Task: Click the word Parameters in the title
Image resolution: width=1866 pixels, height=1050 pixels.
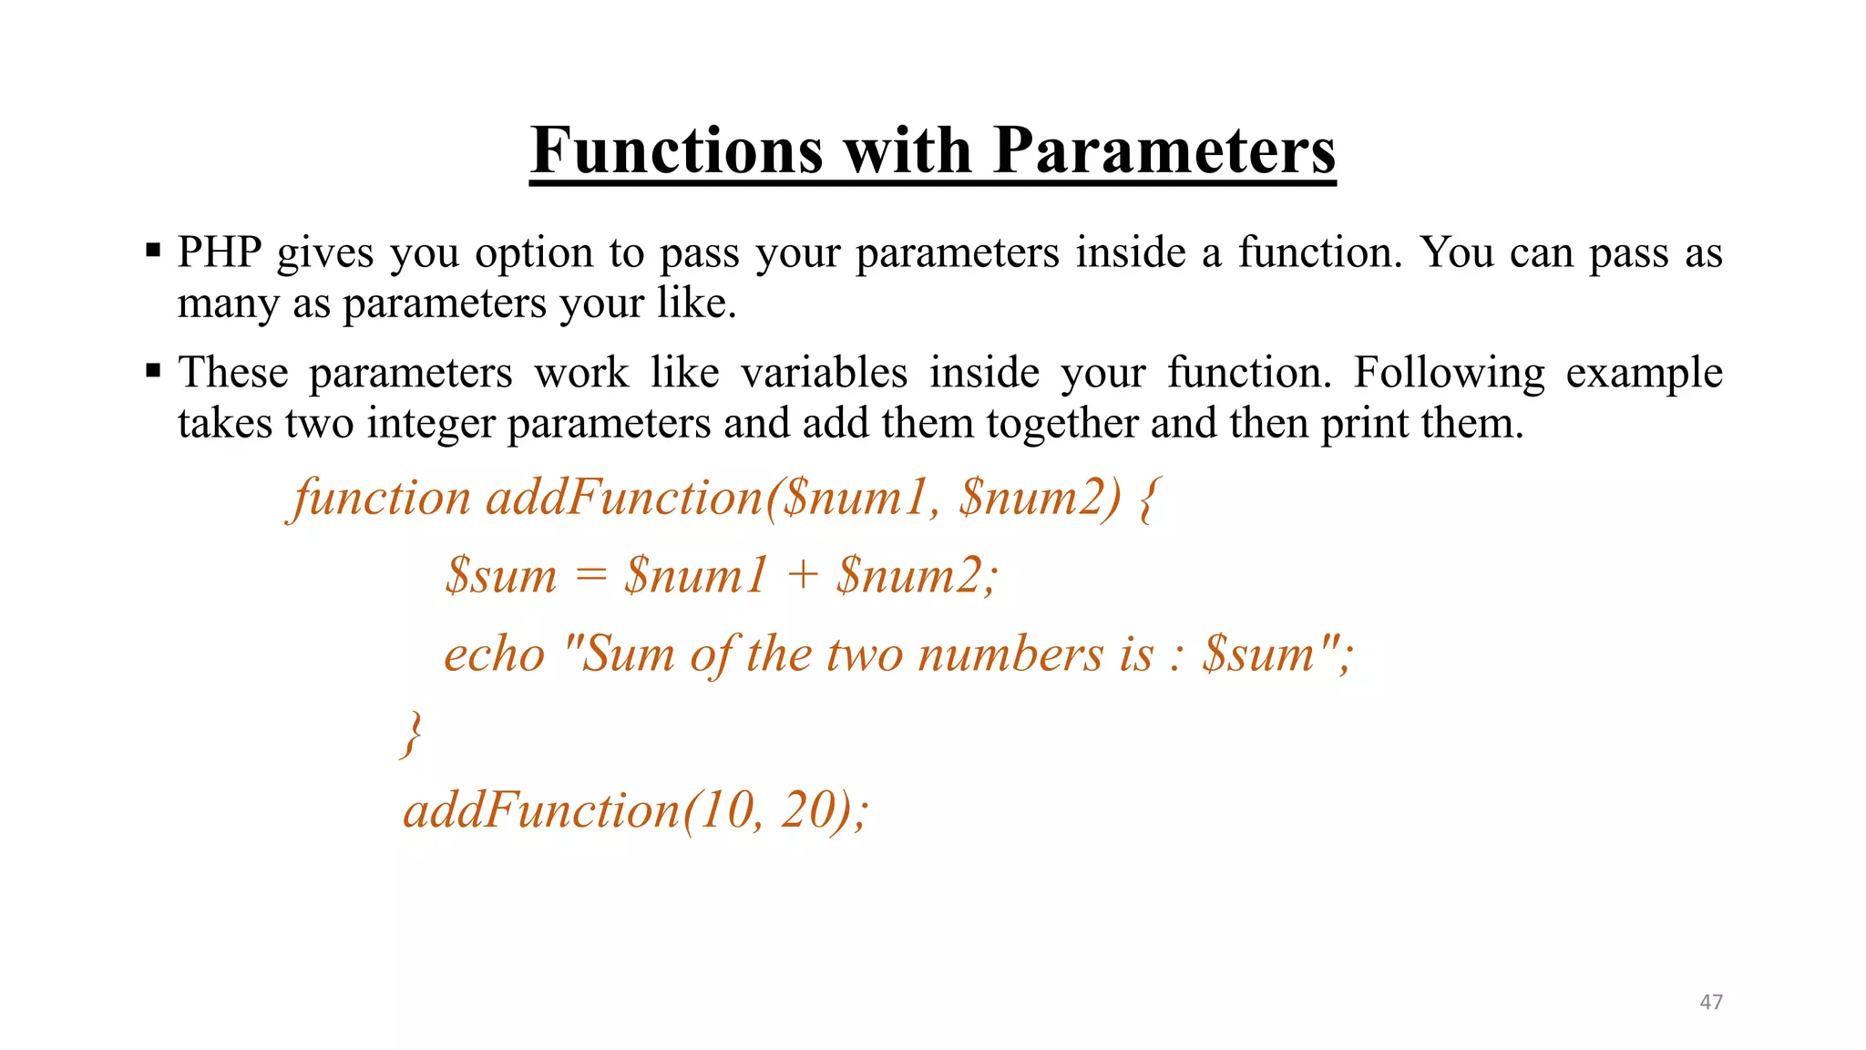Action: click(x=1164, y=150)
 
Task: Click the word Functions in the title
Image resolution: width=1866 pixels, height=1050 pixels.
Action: click(x=677, y=150)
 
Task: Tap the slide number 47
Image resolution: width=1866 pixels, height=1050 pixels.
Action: click(x=1711, y=1002)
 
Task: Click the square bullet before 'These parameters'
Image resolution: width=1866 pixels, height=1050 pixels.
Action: click(x=153, y=370)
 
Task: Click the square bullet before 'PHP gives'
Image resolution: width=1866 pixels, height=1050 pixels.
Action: click(x=153, y=250)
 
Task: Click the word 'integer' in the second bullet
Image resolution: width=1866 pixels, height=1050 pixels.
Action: click(x=429, y=424)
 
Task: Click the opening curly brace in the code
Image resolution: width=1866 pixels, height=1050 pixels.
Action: click(x=1149, y=499)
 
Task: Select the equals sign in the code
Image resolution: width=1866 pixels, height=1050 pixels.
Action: click(x=590, y=576)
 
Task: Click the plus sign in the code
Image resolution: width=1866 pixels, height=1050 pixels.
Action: click(x=802, y=576)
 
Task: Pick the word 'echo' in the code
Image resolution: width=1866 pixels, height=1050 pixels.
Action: click(x=494, y=654)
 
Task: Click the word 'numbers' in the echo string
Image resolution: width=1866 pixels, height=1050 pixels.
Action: click(x=1010, y=654)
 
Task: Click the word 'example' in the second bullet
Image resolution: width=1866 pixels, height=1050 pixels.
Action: click(x=1644, y=373)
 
